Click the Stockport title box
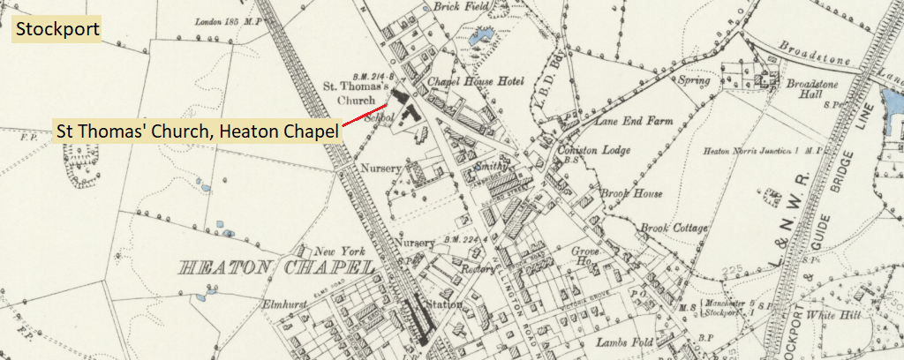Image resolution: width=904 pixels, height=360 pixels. (55, 29)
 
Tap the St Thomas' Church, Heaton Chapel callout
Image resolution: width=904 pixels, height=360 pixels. (197, 131)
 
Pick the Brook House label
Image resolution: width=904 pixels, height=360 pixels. (630, 193)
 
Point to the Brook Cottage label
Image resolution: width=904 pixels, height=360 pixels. (675, 229)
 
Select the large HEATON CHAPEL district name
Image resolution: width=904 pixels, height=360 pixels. (275, 266)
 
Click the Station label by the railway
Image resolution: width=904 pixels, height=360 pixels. (444, 304)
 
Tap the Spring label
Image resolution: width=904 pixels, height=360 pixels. (695, 79)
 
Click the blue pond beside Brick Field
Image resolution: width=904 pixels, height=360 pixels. (482, 38)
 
